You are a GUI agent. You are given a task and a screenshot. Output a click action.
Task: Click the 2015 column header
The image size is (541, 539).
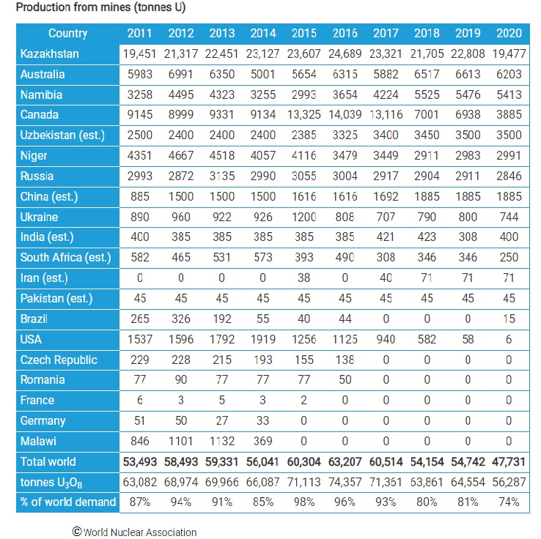(x=304, y=33)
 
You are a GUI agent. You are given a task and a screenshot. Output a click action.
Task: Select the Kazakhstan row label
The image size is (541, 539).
(x=49, y=53)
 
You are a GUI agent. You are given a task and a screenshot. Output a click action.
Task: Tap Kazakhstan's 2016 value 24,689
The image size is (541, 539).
(x=345, y=53)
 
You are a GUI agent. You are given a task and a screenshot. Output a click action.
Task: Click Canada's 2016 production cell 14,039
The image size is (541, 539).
(x=345, y=115)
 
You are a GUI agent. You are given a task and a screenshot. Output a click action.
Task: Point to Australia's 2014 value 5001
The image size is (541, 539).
(x=263, y=74)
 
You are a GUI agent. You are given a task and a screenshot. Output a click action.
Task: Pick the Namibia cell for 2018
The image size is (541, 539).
(x=427, y=94)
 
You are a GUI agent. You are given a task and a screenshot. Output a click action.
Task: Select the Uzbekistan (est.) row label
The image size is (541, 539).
(x=62, y=135)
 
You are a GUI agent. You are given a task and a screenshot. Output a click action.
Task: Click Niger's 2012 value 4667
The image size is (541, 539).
(x=181, y=155)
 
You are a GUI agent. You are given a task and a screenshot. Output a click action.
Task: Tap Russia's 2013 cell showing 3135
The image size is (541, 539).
(x=222, y=176)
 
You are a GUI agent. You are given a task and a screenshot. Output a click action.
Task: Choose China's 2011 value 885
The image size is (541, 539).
(x=140, y=196)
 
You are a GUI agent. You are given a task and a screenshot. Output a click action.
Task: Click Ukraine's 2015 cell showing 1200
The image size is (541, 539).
(x=304, y=217)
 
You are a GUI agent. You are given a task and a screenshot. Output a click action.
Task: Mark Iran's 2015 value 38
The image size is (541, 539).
(x=304, y=278)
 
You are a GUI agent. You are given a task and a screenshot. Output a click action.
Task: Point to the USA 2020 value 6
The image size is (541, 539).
(x=509, y=340)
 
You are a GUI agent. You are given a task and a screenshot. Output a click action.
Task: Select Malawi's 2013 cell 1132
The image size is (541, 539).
(x=222, y=441)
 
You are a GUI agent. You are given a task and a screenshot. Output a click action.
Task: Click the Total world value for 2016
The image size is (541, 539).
(x=345, y=462)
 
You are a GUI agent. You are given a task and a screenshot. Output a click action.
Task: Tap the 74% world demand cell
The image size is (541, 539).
(x=509, y=502)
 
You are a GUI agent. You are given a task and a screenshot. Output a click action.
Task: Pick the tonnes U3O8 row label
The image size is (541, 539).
(x=51, y=483)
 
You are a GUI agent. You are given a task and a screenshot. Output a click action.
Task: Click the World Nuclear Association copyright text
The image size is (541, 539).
(x=135, y=532)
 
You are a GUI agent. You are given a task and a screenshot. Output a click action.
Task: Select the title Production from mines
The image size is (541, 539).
(x=100, y=7)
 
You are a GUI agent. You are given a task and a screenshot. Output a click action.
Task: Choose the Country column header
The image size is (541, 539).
(x=67, y=33)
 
